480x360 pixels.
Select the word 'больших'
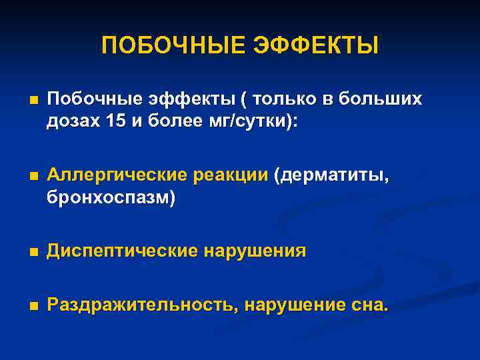pos(381,99)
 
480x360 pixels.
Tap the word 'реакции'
pos(230,176)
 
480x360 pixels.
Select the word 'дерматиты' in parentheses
pos(334,176)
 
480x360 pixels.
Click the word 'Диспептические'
pos(122,251)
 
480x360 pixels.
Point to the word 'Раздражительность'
pos(143,306)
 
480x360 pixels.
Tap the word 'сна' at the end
pos(369,306)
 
